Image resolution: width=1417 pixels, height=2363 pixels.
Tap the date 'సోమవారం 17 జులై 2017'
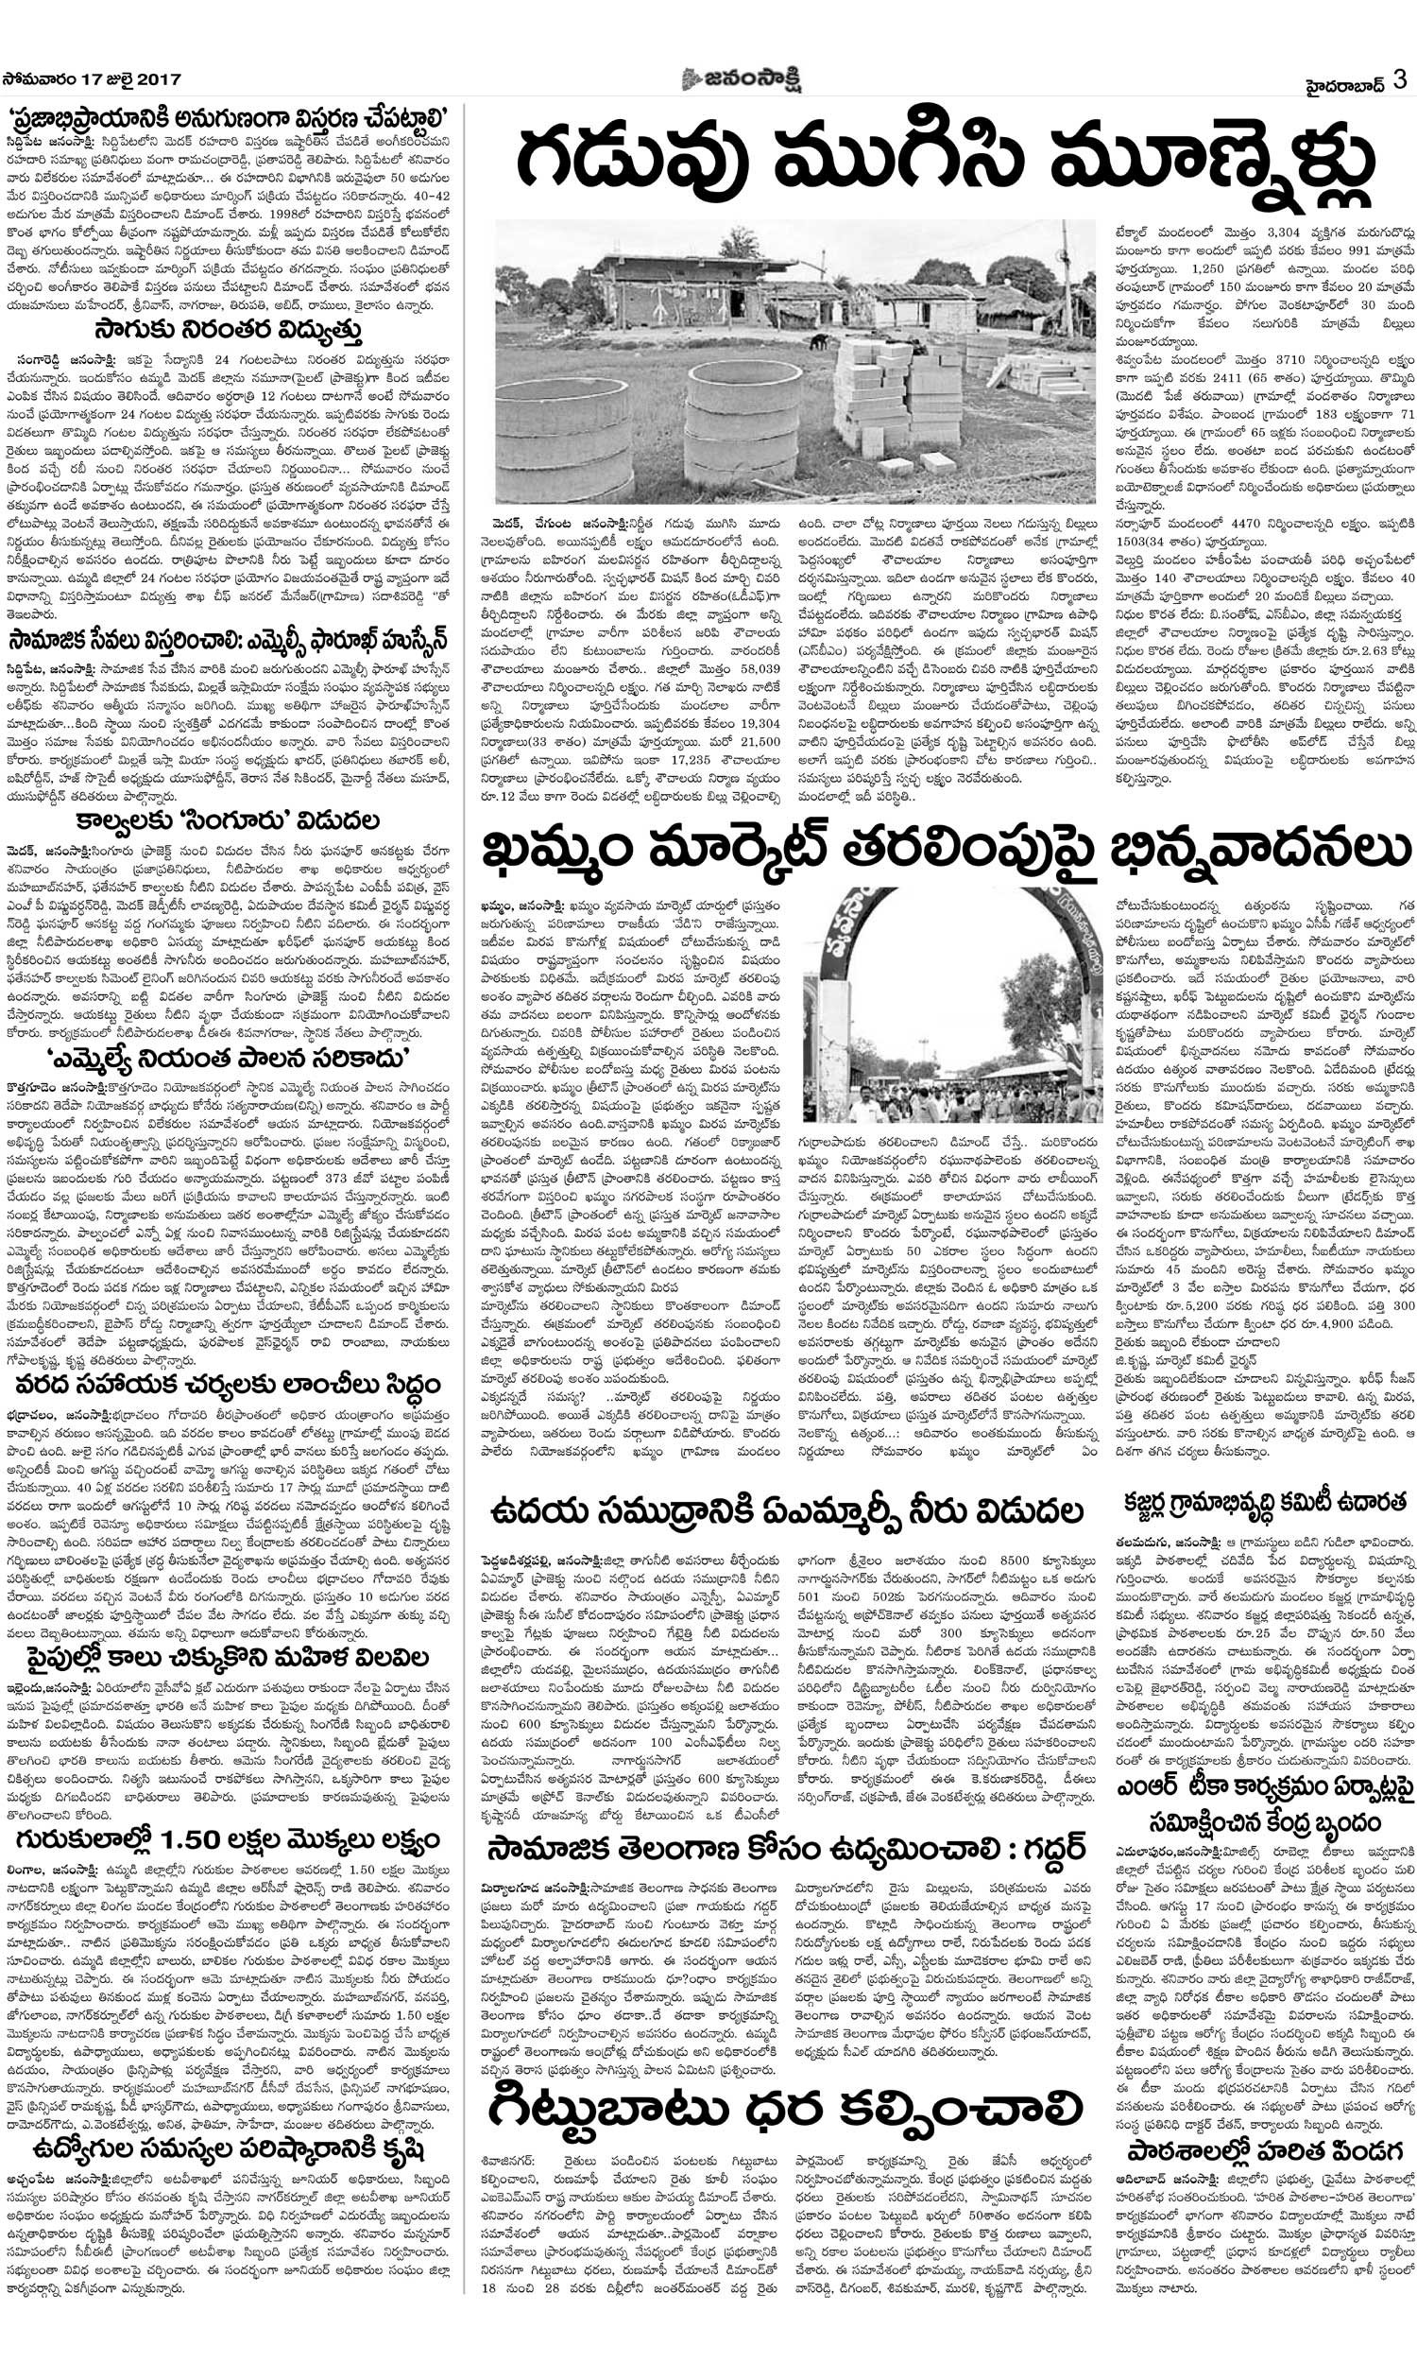92,79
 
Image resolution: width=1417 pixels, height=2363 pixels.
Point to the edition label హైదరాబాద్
1345,81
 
